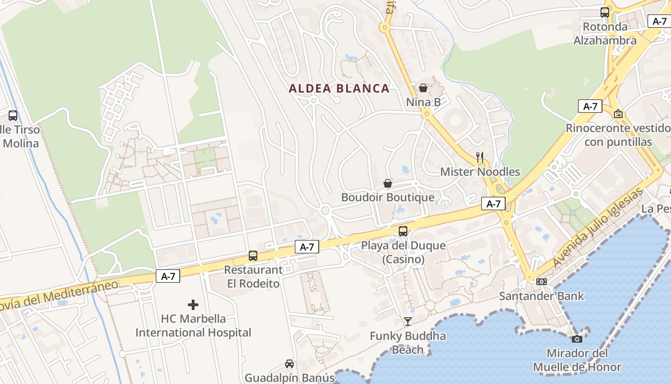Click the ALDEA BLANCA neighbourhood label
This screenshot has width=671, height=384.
pyautogui.click(x=339, y=88)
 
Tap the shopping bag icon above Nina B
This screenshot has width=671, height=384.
pyautogui.click(x=423, y=88)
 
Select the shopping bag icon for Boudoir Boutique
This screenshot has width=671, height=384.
pyautogui.click(x=388, y=183)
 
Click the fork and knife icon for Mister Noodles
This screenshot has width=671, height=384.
pyautogui.click(x=480, y=157)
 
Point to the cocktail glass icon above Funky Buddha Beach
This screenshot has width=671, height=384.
pyautogui.click(x=407, y=321)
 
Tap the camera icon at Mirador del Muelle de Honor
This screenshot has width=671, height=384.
pyautogui.click(x=577, y=339)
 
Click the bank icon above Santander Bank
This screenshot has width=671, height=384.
pyautogui.click(x=542, y=282)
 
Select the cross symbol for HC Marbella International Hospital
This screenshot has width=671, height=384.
pyautogui.click(x=193, y=305)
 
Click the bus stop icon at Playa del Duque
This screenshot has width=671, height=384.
pyautogui.click(x=403, y=231)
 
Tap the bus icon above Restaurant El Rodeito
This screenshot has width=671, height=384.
pyautogui.click(x=253, y=256)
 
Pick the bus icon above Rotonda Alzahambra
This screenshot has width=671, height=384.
pyautogui.click(x=605, y=13)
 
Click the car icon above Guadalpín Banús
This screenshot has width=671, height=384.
pyautogui.click(x=289, y=364)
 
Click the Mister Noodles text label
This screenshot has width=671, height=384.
pyautogui.click(x=480, y=172)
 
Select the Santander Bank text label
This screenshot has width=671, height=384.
pyautogui.click(x=542, y=296)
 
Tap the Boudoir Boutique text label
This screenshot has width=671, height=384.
pyautogui.click(x=388, y=197)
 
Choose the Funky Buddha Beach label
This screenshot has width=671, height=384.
pyautogui.click(x=408, y=343)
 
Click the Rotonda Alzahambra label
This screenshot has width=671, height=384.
pyautogui.click(x=605, y=34)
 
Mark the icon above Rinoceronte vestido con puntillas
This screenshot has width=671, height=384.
pyautogui.click(x=618, y=114)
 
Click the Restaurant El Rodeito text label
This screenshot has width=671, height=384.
pyautogui.click(x=253, y=277)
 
